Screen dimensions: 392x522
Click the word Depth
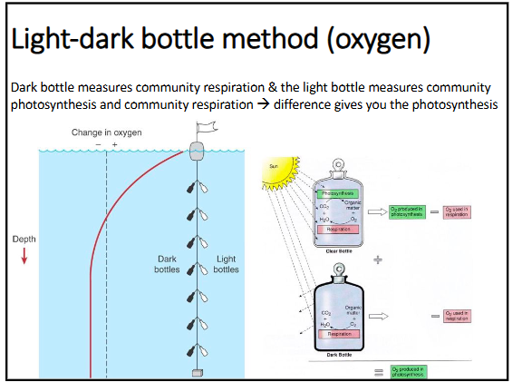[24, 240]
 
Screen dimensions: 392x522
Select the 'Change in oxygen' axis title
[107, 132]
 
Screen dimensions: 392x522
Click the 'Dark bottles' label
[168, 264]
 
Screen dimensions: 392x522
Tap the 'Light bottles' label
[226, 264]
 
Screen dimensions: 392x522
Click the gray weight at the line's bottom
[196, 373]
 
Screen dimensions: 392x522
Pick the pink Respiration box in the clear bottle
[337, 230]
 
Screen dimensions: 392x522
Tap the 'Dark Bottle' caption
[338, 354]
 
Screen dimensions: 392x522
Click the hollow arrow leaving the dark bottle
[380, 317]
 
